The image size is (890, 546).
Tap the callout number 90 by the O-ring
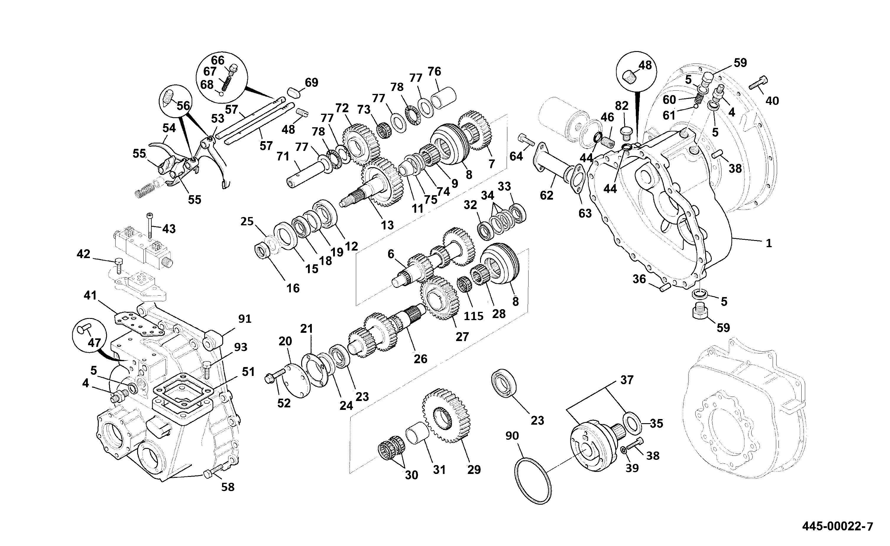coord(512,436)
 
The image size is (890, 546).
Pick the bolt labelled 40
coord(758,83)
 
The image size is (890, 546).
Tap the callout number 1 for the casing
coord(769,243)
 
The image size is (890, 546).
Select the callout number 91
coord(245,319)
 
